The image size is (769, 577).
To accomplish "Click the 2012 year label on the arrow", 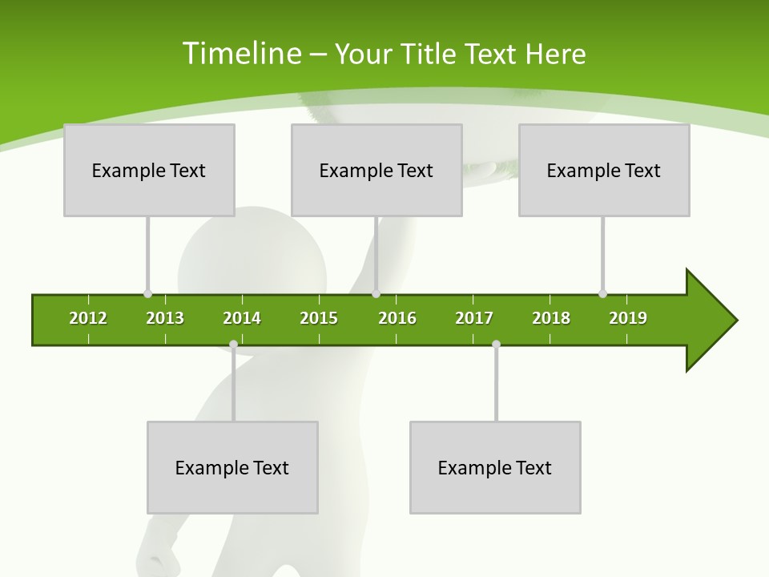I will pyautogui.click(x=88, y=318).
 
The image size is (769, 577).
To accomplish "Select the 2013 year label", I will pyautogui.click(x=165, y=318).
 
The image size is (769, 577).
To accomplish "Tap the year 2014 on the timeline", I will pyautogui.click(x=242, y=318).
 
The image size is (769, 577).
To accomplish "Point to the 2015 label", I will pyautogui.click(x=319, y=318).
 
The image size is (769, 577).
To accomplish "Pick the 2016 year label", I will pyautogui.click(x=397, y=318).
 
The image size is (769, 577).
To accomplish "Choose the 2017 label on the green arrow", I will pyautogui.click(x=474, y=318).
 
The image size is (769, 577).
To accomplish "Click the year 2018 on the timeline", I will pyautogui.click(x=551, y=318).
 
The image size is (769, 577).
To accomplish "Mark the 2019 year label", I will pyautogui.click(x=628, y=318).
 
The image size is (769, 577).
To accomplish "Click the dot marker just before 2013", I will pyautogui.click(x=147, y=294).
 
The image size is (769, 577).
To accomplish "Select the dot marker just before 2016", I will pyautogui.click(x=376, y=294).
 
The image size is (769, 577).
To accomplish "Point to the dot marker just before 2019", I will pyautogui.click(x=602, y=294).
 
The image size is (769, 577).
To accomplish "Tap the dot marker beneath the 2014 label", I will pyautogui.click(x=233, y=345).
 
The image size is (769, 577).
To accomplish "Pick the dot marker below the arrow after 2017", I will pyautogui.click(x=496, y=345).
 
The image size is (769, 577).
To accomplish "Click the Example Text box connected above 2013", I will pyautogui.click(x=149, y=170).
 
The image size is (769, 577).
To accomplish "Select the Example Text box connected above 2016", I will pyautogui.click(x=376, y=170).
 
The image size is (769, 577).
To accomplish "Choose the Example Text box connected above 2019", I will pyautogui.click(x=604, y=170).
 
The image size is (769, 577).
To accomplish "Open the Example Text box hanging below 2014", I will pyautogui.click(x=232, y=467).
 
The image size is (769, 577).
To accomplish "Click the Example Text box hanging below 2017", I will pyautogui.click(x=495, y=467).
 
